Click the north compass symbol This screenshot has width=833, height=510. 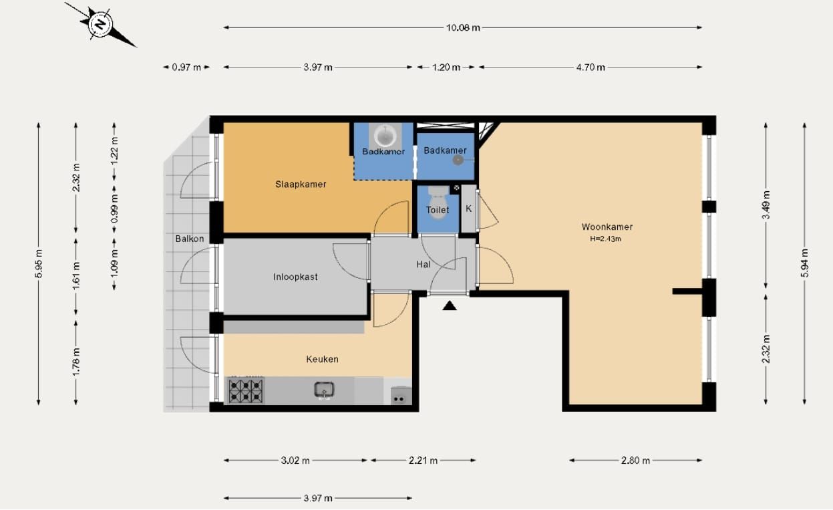(100, 25)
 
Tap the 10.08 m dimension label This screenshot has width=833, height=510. (463, 27)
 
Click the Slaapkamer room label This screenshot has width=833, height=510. (301, 184)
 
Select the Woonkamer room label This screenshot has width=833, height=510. (607, 227)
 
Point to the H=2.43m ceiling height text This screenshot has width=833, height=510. (605, 239)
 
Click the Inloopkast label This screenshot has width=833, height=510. (295, 277)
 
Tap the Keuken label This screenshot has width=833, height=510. (322, 359)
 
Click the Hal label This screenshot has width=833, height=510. (424, 265)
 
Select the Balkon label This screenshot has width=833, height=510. (190, 239)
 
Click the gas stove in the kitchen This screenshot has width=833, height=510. (246, 390)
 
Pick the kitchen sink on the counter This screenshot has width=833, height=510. (324, 390)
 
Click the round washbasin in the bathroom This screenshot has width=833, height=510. (385, 136)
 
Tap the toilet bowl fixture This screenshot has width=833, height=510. (438, 201)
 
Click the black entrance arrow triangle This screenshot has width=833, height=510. (450, 305)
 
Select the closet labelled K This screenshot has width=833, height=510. (468, 209)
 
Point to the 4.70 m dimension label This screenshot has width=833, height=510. (591, 68)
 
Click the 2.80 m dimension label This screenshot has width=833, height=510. (635, 461)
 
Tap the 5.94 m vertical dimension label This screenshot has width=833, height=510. (805, 263)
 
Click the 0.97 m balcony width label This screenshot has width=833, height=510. (186, 68)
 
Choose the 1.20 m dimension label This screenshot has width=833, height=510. (446, 68)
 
